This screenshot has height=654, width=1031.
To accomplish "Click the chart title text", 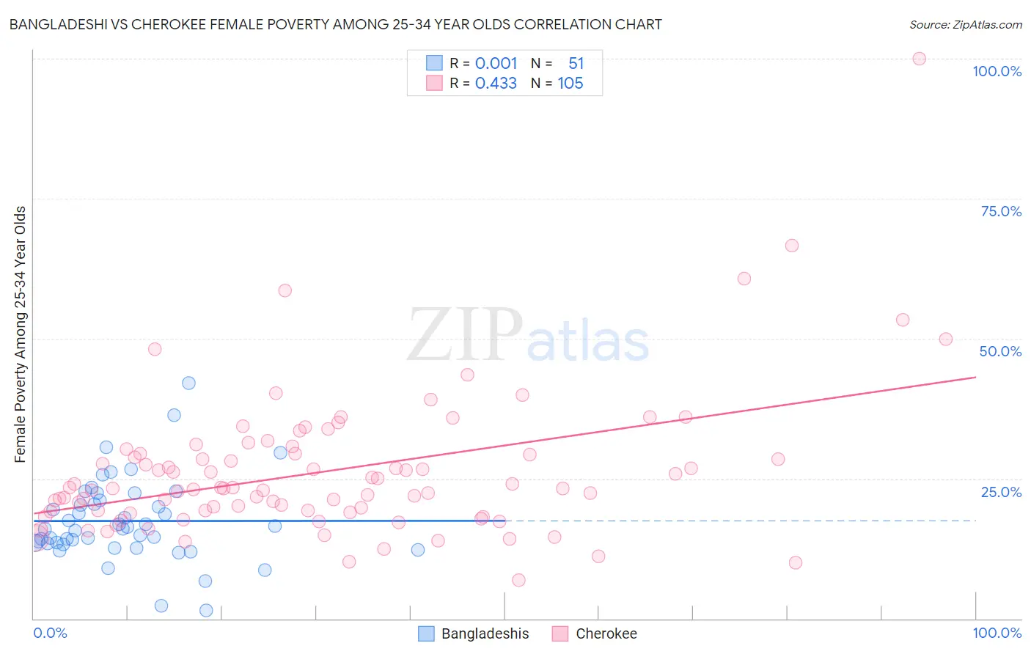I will click(x=335, y=24).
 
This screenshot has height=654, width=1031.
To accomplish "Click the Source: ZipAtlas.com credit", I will click(x=965, y=24).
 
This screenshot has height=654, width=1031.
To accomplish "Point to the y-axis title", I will click(x=20, y=334).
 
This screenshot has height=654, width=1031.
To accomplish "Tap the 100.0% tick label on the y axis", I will click(x=997, y=71).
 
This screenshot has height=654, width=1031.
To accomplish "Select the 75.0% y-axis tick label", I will click(x=1001, y=211).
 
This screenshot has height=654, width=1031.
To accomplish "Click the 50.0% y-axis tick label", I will click(x=1000, y=351).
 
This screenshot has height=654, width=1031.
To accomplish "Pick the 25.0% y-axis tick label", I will click(x=1001, y=492).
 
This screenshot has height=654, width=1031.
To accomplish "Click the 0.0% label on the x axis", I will click(x=50, y=633).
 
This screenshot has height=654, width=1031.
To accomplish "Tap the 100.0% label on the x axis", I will click(x=997, y=633).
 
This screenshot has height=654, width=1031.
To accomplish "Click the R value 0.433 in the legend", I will click(x=496, y=84).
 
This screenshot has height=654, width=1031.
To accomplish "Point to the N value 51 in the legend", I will click(x=576, y=64).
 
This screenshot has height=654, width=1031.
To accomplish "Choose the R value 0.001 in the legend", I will click(x=496, y=64).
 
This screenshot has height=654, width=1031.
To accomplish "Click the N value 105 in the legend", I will click(x=570, y=84).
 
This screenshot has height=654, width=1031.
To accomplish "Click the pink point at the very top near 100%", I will click(x=919, y=59).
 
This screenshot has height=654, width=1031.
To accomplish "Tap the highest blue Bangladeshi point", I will click(x=188, y=383).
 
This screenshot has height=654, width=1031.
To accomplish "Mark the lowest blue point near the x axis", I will click(x=206, y=610).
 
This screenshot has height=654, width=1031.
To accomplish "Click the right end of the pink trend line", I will click(x=975, y=377).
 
